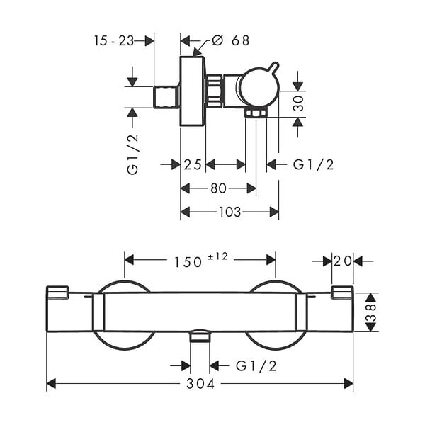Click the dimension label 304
click(200, 384)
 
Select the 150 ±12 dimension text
click(200, 260)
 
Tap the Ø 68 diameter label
click(230, 40)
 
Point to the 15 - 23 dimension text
click(114, 41)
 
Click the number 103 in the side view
click(229, 212)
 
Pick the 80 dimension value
click(218, 188)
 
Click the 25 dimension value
click(193, 165)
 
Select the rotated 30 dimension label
click(298, 103)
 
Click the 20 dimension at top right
click(343, 261)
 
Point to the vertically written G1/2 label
click(133, 154)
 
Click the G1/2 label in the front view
click(256, 366)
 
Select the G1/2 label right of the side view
click(313, 165)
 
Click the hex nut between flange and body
click(215, 91)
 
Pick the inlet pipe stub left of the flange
click(166, 97)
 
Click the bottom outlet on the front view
click(200, 336)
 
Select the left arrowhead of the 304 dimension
click(51, 384)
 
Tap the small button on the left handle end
click(57, 293)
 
